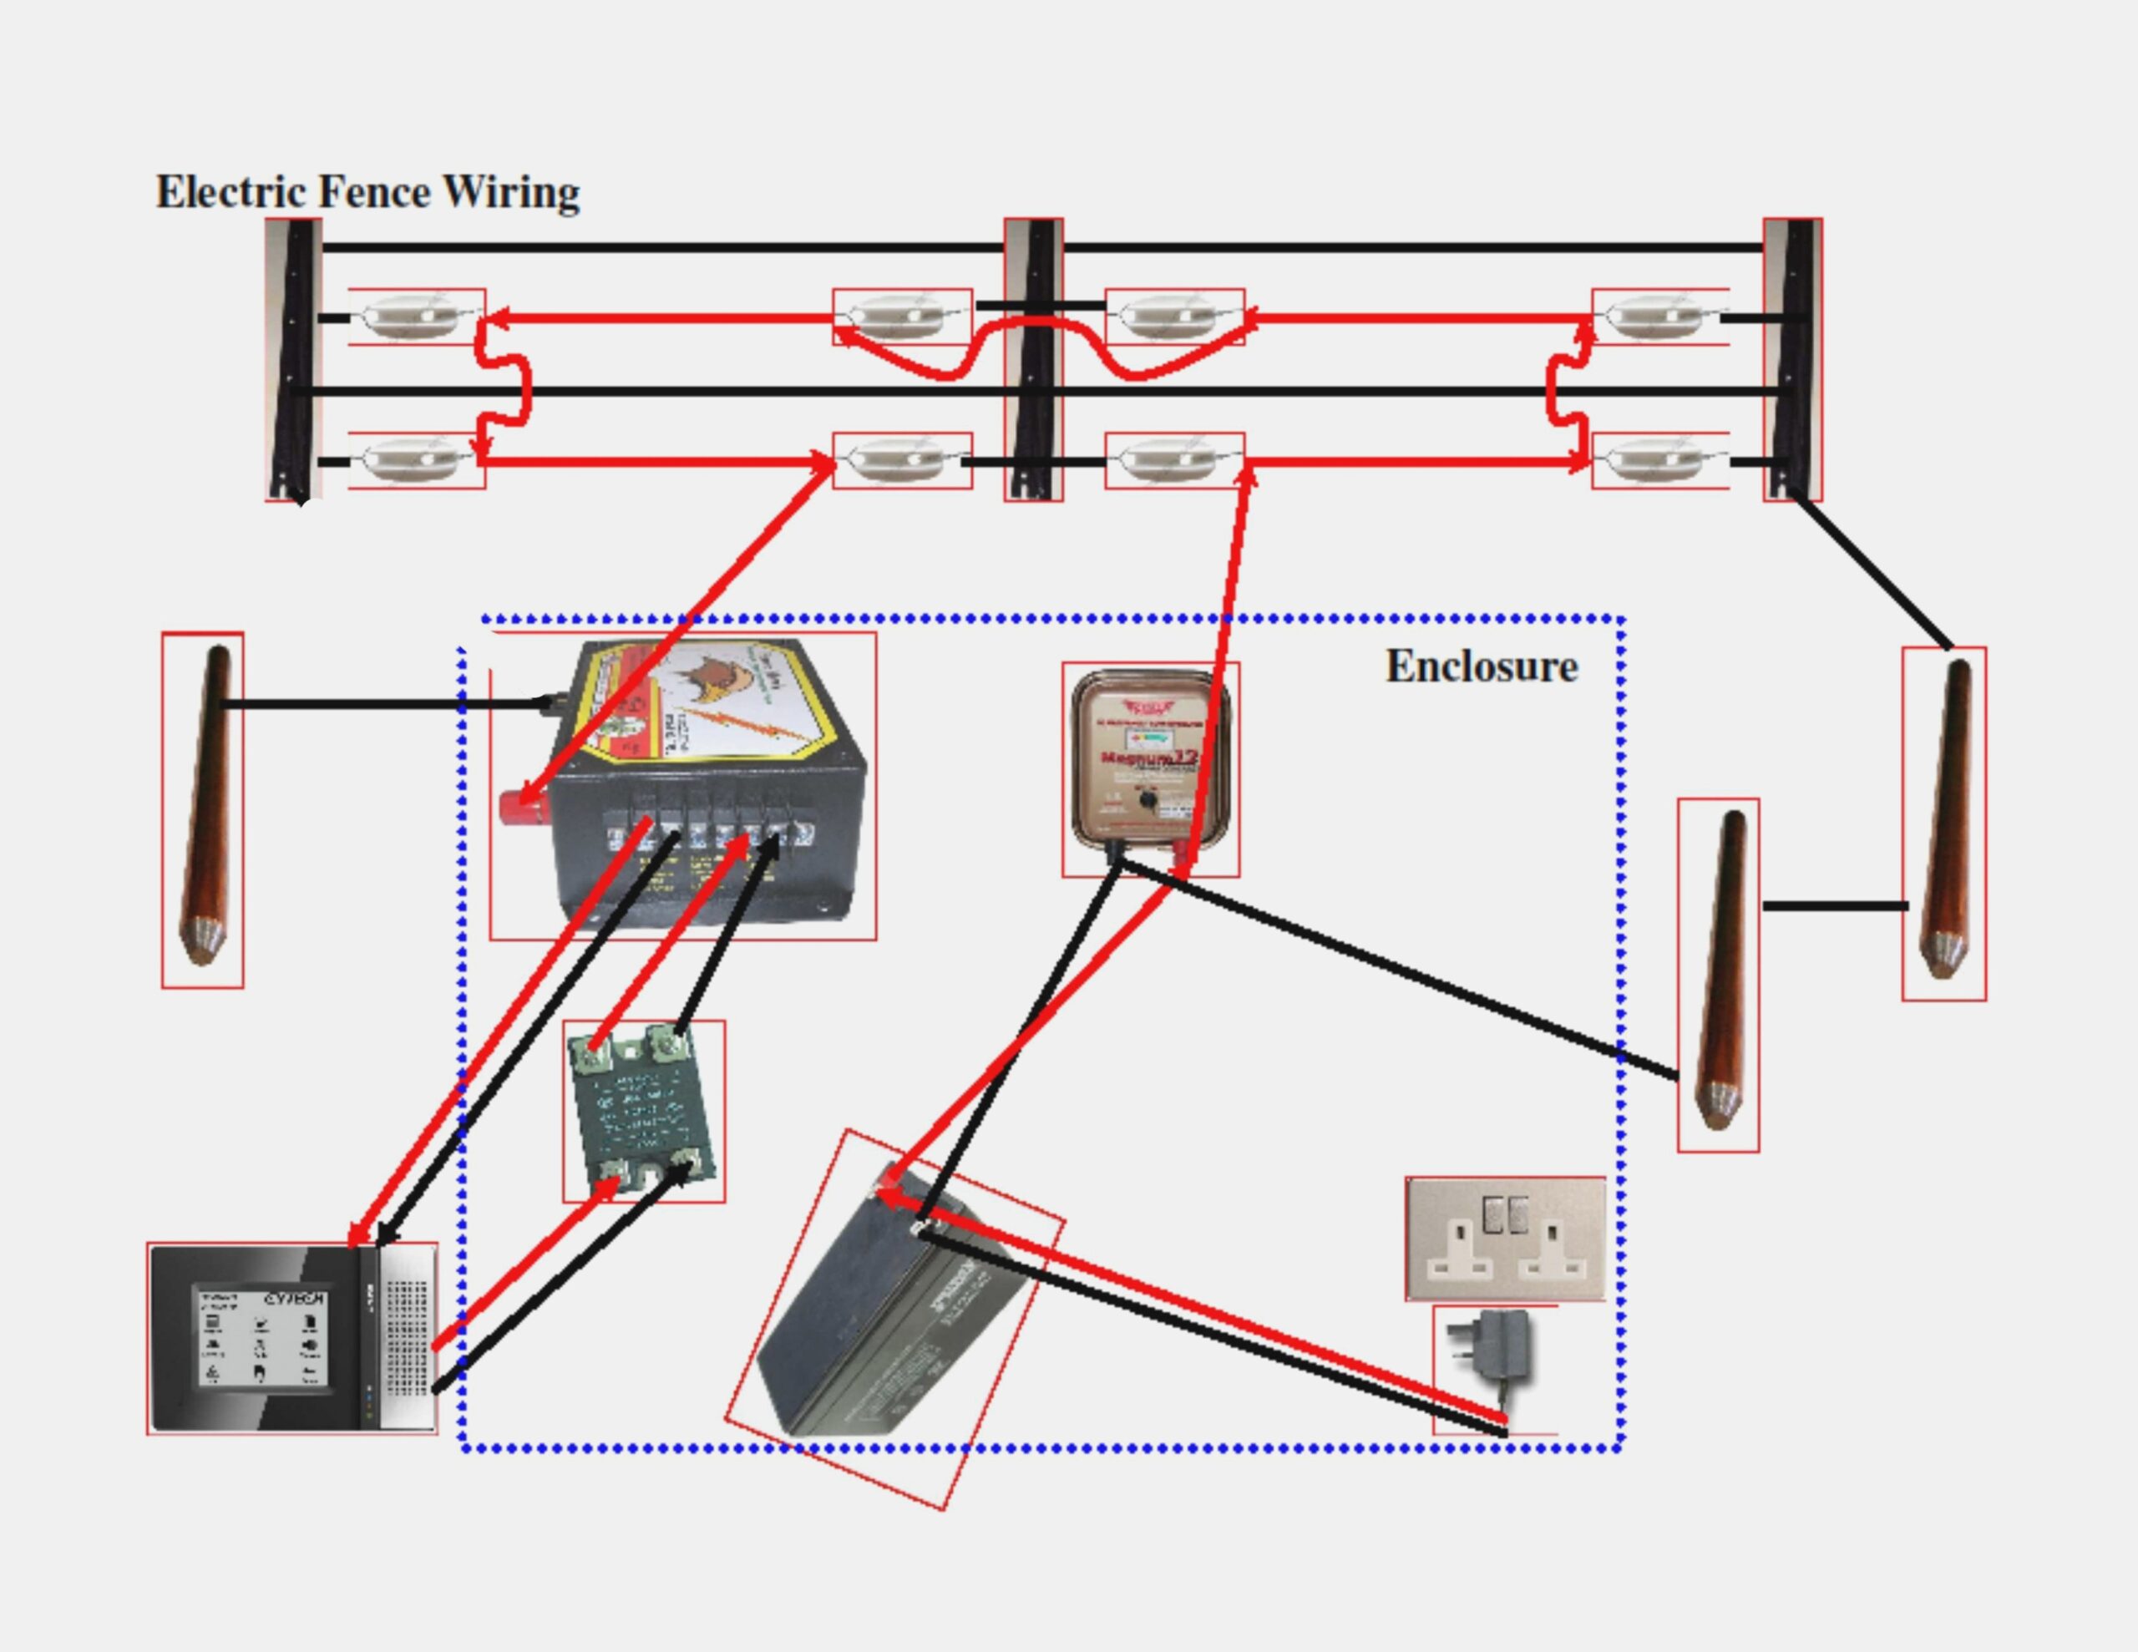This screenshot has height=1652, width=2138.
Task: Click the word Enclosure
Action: click(1480, 666)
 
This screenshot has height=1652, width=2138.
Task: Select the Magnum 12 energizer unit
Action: click(1149, 759)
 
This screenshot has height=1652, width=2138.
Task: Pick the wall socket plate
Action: click(1505, 1239)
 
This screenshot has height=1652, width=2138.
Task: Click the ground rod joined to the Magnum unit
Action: click(1719, 970)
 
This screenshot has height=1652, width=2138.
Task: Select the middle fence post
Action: click(1034, 359)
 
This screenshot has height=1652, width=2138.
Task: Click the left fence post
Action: click(294, 359)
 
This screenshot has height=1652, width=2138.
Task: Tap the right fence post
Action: click(1792, 359)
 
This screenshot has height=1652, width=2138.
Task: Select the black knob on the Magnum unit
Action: click(1148, 801)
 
